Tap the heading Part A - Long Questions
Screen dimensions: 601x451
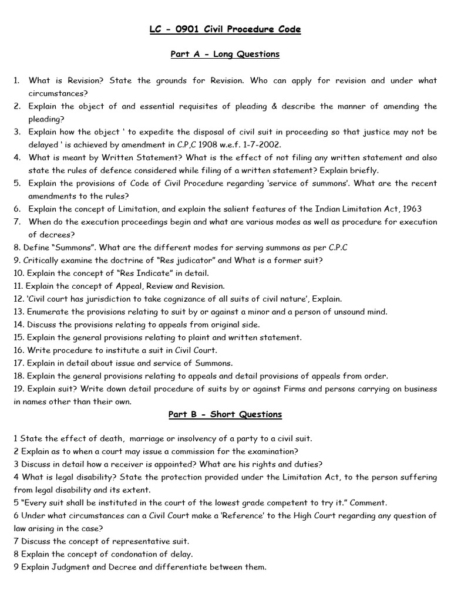point(225,54)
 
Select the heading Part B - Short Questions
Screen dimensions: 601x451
point(225,414)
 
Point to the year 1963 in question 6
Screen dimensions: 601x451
point(410,208)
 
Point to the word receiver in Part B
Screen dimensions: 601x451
point(123,464)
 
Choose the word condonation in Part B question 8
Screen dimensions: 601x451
point(127,554)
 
